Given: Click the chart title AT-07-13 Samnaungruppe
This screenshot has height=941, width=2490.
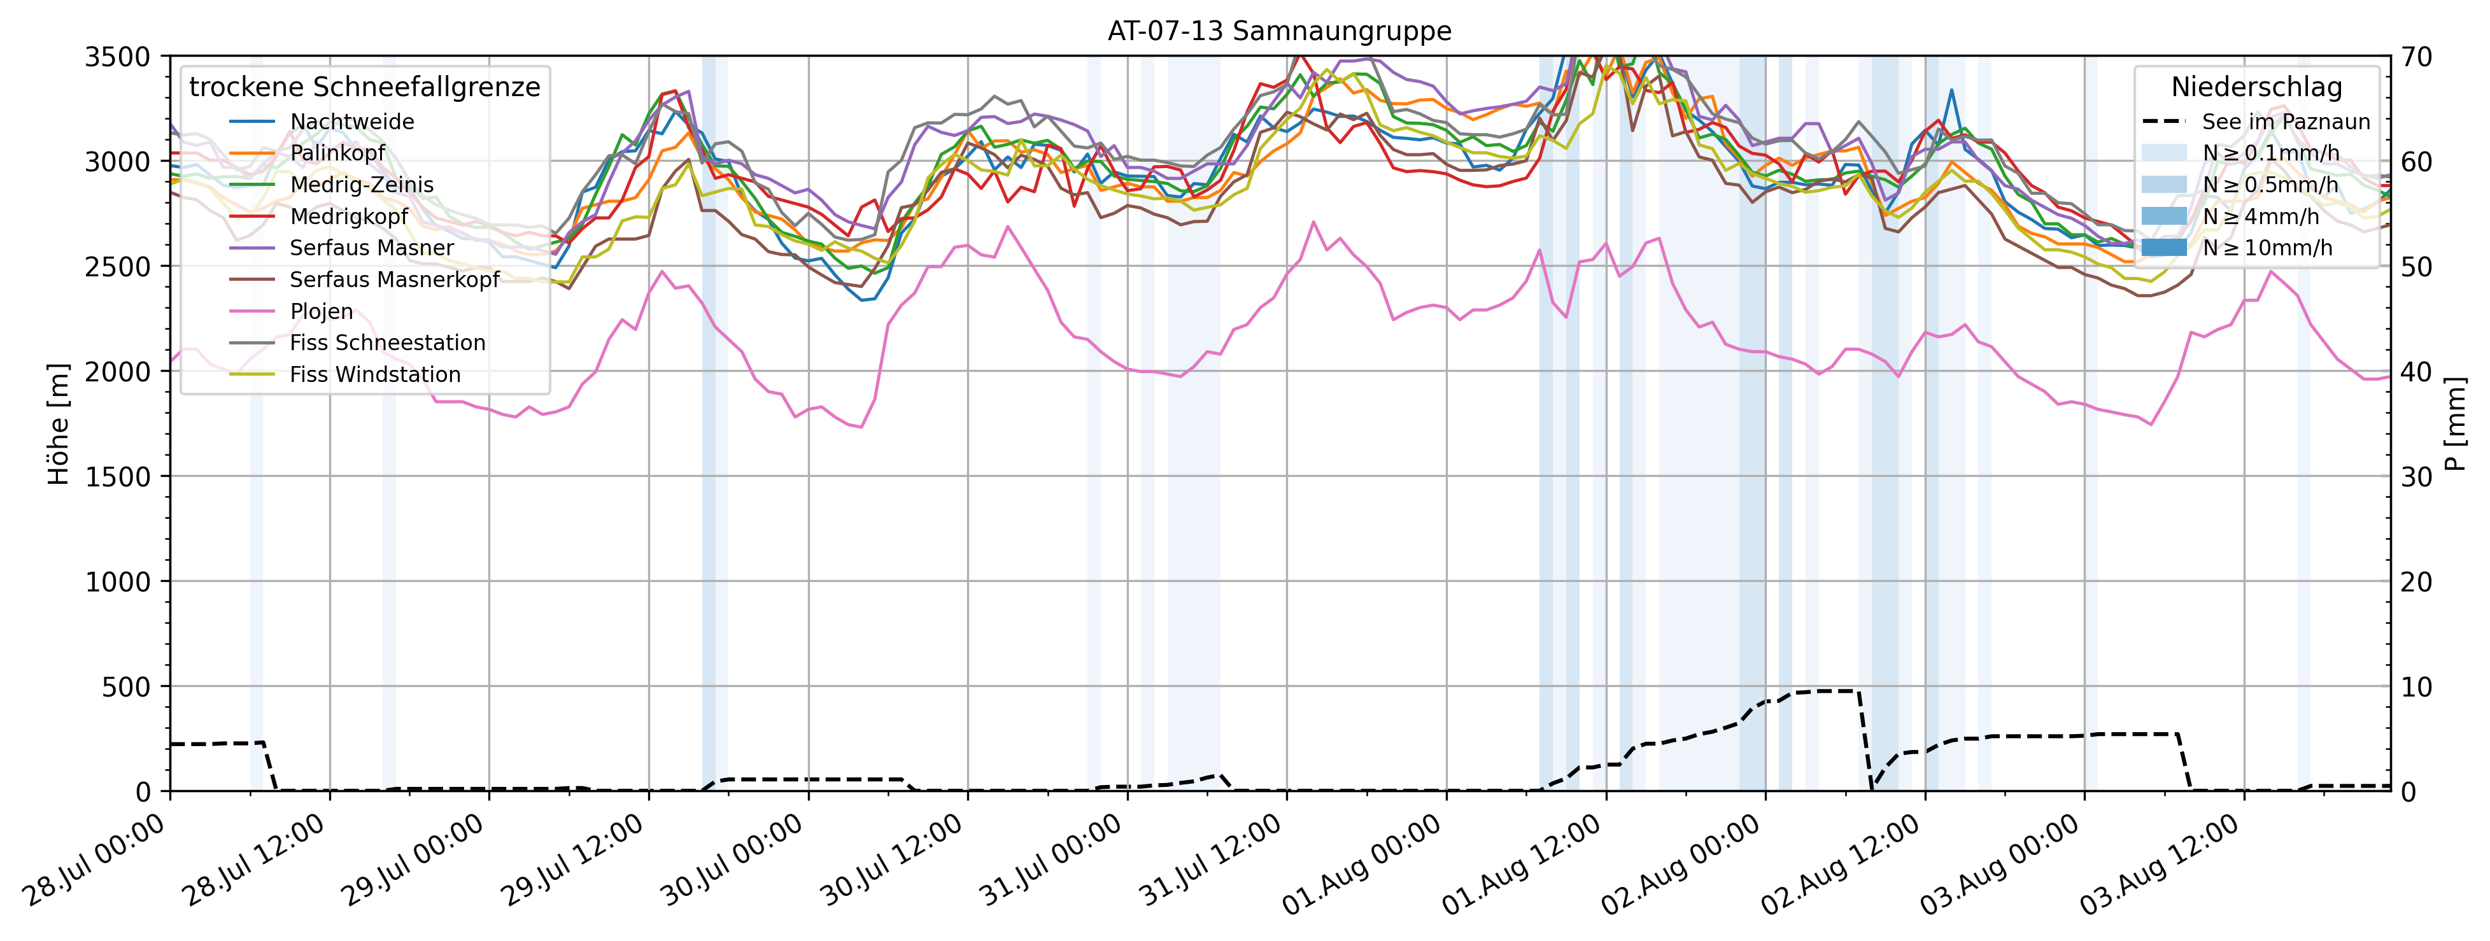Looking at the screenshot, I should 1279,31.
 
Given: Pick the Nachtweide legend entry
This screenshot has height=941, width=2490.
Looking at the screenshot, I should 352,122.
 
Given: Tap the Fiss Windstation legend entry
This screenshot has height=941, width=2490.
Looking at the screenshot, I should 375,374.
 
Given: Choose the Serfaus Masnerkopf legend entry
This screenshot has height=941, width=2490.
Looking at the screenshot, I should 394,279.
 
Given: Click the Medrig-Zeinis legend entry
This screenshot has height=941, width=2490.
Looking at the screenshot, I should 362,185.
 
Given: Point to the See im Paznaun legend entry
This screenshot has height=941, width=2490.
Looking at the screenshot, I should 2285,122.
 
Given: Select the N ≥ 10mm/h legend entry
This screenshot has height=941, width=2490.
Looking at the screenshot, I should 2267,248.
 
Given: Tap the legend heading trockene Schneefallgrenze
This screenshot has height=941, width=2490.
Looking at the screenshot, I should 364,87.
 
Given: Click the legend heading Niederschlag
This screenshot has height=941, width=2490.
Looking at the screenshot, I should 2256,87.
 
